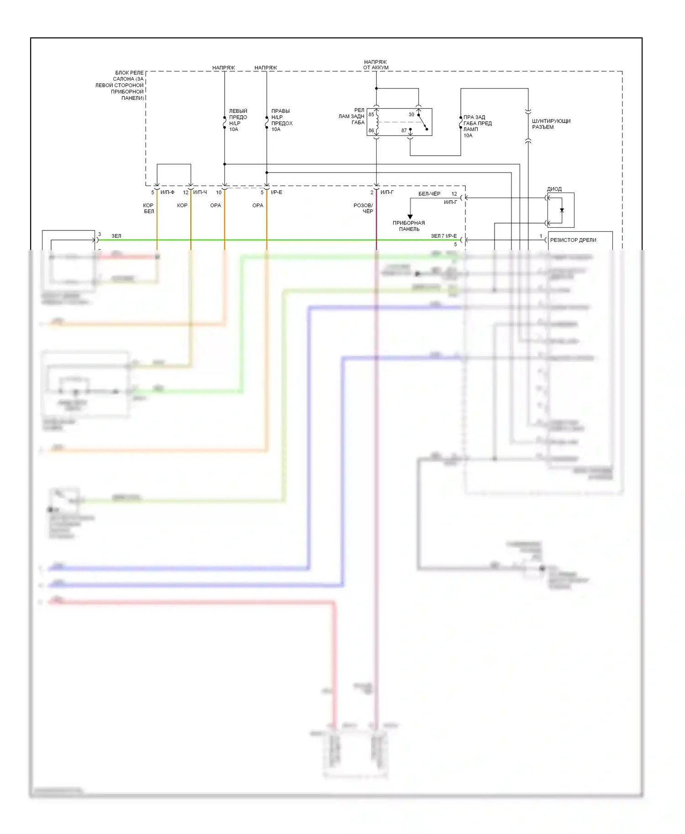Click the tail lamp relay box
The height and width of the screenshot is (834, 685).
399,122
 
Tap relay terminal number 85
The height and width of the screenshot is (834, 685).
371,115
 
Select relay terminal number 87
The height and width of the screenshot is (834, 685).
404,130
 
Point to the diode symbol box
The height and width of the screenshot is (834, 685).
561,210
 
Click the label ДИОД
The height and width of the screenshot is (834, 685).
554,189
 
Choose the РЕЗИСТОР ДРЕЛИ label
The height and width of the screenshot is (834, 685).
573,240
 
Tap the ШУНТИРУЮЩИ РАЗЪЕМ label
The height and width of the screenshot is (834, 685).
551,124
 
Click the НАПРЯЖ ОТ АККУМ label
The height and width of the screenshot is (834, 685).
375,65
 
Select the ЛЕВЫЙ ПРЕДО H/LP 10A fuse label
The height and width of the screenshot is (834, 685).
237,120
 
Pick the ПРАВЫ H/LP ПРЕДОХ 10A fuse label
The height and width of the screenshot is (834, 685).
281,120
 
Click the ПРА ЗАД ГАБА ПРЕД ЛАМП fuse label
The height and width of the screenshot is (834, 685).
477,126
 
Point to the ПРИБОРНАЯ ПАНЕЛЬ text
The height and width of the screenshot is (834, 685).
409,226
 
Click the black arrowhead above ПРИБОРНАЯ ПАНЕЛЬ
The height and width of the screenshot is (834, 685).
410,217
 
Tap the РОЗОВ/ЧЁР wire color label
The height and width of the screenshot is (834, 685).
364,208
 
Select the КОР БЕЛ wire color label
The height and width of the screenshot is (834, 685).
148,208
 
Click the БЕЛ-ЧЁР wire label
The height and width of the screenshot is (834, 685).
429,194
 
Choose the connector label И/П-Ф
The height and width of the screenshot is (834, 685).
167,193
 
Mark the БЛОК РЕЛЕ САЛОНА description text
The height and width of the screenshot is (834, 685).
120,85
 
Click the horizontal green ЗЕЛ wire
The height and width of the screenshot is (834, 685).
274,240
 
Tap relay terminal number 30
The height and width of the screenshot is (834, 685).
411,115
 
